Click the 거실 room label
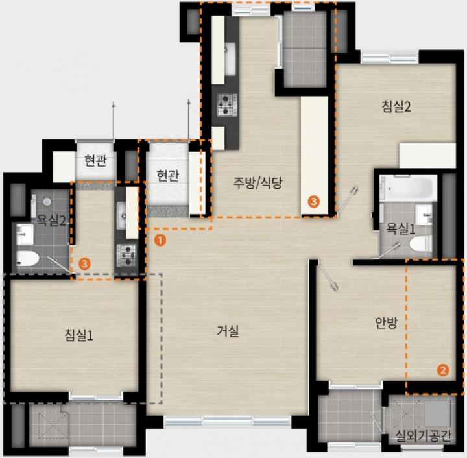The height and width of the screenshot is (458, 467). [x=228, y=331]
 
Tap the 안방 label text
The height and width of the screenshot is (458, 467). [x=387, y=322]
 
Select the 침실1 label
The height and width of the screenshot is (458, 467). [x=79, y=335]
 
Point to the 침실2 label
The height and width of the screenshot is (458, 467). [x=396, y=106]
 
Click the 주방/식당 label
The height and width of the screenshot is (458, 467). [x=257, y=183]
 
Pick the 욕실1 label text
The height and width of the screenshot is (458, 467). [x=401, y=229]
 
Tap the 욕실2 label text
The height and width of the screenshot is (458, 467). [x=51, y=221]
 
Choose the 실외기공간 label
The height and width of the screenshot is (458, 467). [x=423, y=436]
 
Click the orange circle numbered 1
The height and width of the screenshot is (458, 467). [x=160, y=240]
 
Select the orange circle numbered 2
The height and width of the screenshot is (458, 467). [x=443, y=370]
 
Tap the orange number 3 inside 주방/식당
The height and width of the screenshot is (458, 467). [x=314, y=202]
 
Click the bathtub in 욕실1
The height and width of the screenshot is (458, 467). [x=408, y=187]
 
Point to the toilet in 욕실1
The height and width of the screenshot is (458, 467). [x=421, y=243]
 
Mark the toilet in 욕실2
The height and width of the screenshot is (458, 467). [x=27, y=258]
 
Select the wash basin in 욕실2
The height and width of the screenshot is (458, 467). [x=25, y=235]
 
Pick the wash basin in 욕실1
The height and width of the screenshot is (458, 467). [x=424, y=215]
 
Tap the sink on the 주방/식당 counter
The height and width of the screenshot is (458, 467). [x=230, y=58]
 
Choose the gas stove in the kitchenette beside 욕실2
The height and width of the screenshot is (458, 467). [x=128, y=255]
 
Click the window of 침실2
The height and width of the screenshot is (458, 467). [x=390, y=58]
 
